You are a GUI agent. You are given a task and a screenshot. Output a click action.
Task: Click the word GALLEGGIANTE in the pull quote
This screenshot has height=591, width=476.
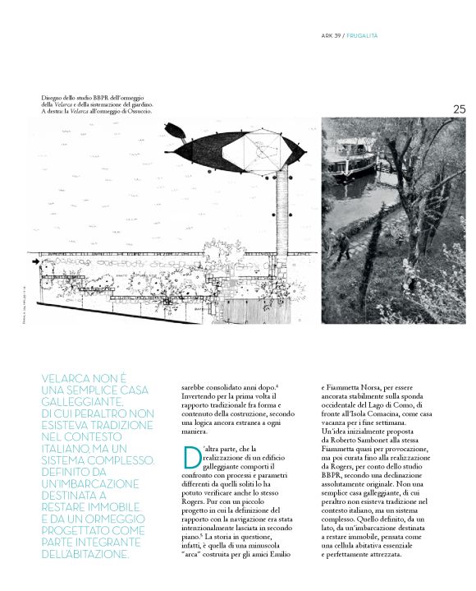[84, 403]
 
